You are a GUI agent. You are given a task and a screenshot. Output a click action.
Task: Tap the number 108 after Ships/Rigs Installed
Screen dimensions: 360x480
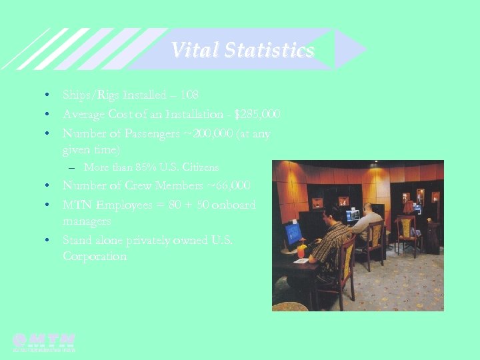tap(189, 95)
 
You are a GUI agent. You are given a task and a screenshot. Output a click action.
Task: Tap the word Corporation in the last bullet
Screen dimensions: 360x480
tap(94, 256)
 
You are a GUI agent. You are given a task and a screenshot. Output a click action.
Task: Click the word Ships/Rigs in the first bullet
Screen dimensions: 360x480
tap(87, 95)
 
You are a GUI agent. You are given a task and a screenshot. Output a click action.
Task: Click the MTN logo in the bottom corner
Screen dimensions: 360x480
tap(44, 341)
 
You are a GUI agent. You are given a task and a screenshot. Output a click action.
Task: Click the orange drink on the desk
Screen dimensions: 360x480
tap(301, 252)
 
